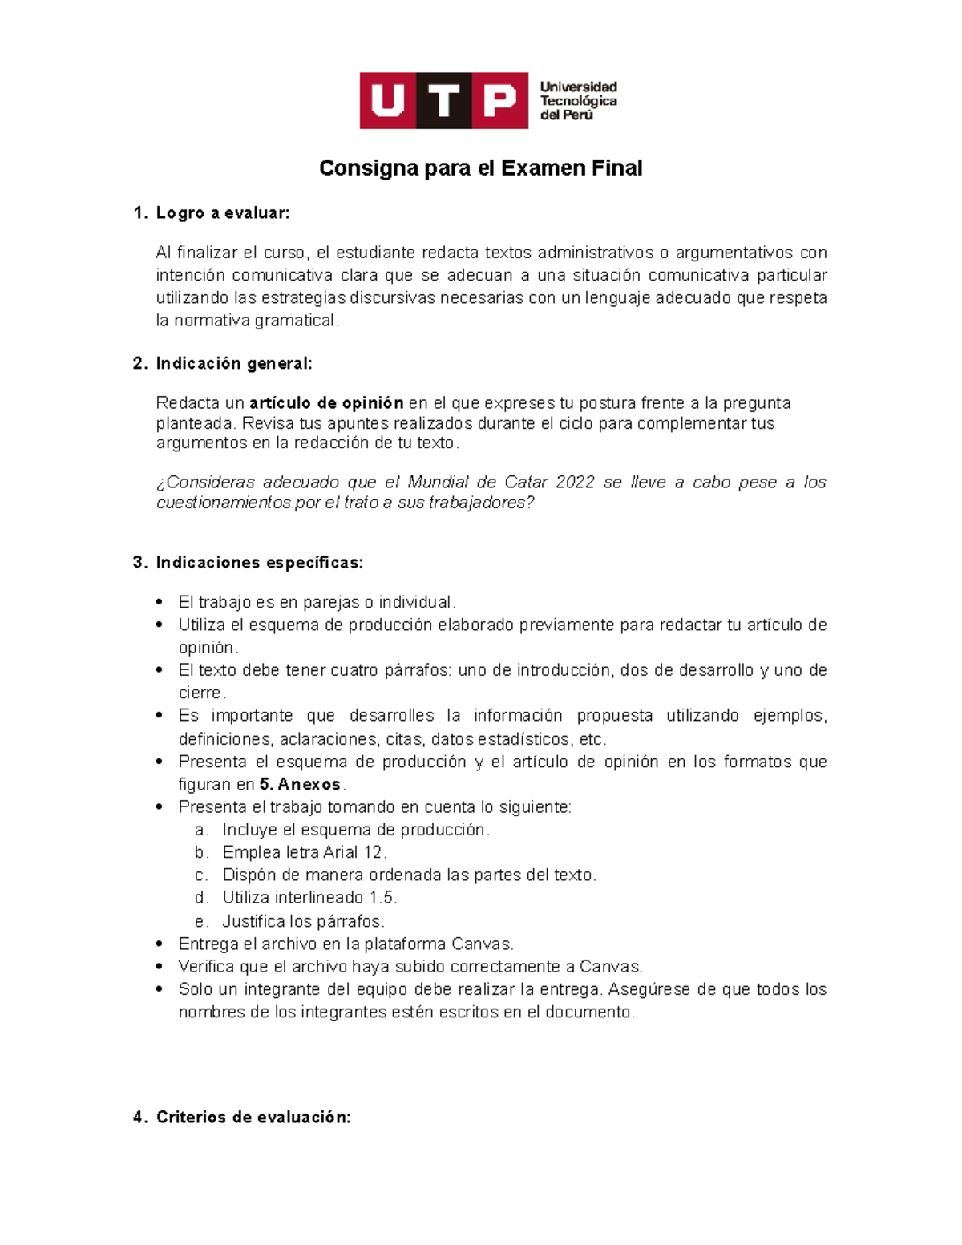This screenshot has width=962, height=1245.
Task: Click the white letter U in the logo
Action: click(388, 101)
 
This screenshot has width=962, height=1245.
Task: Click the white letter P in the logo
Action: click(499, 101)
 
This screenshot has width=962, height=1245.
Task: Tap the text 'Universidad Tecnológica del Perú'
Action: click(578, 101)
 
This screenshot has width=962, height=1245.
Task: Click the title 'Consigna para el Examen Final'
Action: click(480, 168)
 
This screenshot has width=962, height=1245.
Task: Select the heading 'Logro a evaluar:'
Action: click(222, 213)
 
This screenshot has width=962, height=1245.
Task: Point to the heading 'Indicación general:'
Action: click(233, 364)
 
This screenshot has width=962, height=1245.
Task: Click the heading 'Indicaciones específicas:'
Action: click(259, 563)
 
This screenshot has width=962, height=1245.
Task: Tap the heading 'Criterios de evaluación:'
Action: click(253, 1118)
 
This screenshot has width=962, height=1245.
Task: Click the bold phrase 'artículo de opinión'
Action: click(326, 403)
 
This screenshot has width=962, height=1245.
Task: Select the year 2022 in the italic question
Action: click(575, 483)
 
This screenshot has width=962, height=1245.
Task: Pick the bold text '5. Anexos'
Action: click(300, 785)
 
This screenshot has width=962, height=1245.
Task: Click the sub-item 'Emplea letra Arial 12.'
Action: click(305, 853)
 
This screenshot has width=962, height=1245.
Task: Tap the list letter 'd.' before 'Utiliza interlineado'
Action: click(201, 898)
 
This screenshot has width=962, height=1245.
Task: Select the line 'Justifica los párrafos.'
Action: click(303, 921)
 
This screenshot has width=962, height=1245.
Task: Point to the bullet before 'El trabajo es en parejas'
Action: click(160, 602)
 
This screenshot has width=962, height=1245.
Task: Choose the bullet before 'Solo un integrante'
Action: click(160, 989)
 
